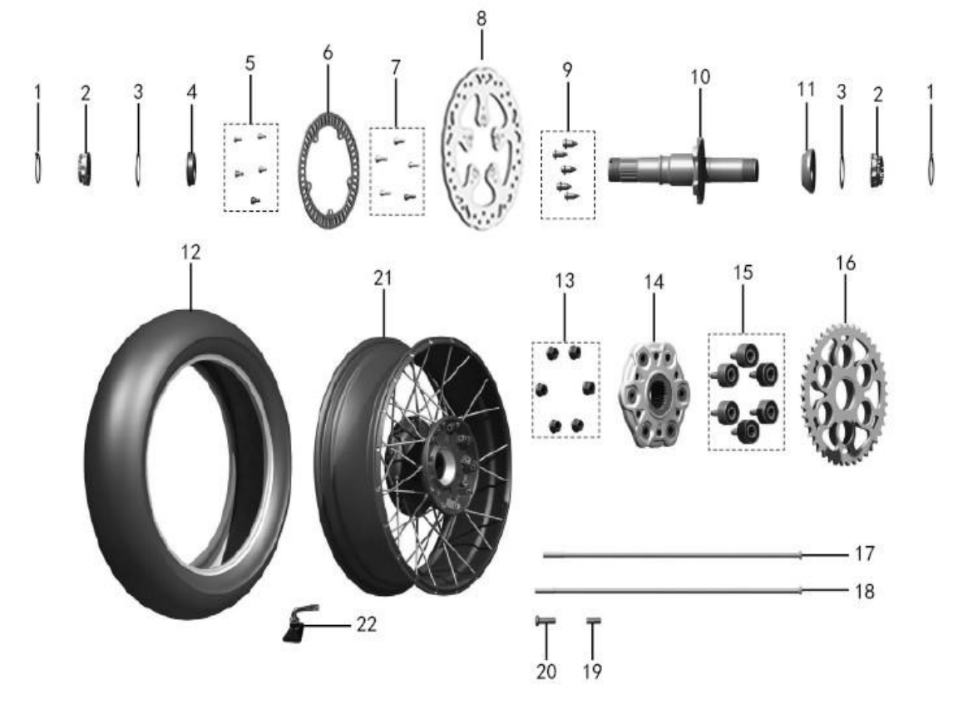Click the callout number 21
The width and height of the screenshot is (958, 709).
coord(383,278)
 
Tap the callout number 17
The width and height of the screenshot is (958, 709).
coord(865,554)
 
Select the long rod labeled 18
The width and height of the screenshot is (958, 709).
coord(669,590)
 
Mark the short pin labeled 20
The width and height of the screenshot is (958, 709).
coord(545,621)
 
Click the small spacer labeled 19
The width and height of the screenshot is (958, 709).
coord(593,621)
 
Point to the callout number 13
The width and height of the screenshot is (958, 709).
coord(565,280)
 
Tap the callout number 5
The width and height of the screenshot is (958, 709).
coord(249,63)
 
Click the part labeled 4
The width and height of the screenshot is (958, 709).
coord(192,168)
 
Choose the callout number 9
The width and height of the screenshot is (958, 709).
coord(568,70)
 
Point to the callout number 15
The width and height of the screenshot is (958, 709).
coord(743,273)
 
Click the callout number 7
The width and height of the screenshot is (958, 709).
coord(396,67)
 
